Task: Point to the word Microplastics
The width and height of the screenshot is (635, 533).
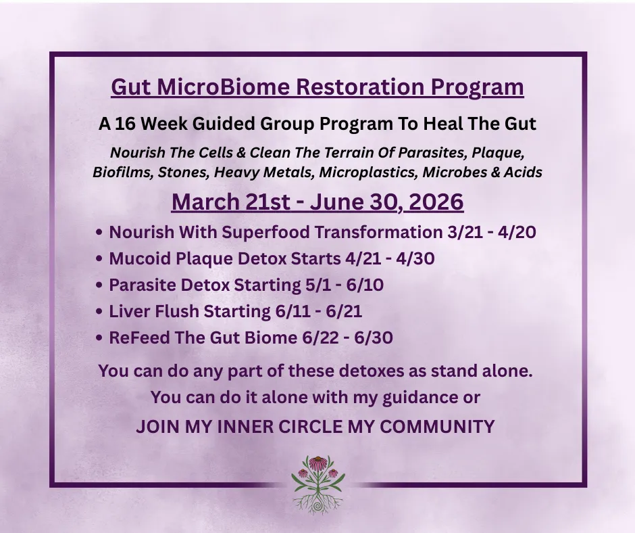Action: (x=367, y=172)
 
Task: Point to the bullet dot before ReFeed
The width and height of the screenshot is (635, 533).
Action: (x=99, y=338)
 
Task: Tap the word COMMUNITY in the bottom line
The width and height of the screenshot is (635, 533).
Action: (x=437, y=427)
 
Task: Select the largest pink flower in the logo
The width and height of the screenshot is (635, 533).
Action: (x=318, y=463)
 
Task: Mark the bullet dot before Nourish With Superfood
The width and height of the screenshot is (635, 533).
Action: (x=99, y=233)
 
